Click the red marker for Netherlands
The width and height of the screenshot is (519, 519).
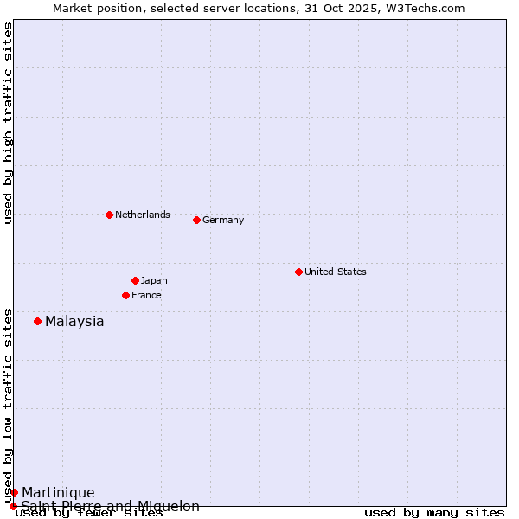(109, 215)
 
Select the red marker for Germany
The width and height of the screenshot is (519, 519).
(196, 220)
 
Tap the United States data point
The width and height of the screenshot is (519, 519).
(298, 272)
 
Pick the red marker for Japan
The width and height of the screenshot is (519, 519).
(135, 280)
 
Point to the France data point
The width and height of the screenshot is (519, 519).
(125, 295)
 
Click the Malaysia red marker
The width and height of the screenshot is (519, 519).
(37, 321)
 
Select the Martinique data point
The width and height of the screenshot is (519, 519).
(14, 492)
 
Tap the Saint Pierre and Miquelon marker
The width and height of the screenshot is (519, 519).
(13, 506)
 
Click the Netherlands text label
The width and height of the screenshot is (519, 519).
(143, 215)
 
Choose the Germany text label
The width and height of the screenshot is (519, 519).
(223, 220)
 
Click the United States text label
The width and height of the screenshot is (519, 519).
(336, 272)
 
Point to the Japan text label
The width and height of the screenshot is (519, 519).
(154, 280)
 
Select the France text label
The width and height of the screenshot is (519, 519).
(146, 295)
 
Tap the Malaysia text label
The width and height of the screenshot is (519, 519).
(74, 322)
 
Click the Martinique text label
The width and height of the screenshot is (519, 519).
(58, 493)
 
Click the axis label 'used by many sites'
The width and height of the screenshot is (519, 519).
(434, 513)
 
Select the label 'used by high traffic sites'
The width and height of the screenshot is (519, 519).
(9, 123)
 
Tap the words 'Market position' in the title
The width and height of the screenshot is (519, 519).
(92, 9)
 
